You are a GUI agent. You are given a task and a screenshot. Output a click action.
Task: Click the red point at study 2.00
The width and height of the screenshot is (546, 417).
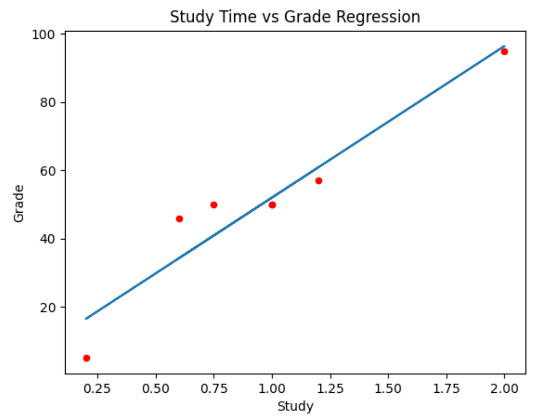coord(504,52)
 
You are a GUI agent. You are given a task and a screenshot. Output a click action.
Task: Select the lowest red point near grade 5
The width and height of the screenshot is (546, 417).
coord(87,358)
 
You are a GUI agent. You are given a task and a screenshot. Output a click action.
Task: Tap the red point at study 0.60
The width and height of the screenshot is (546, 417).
coord(180,219)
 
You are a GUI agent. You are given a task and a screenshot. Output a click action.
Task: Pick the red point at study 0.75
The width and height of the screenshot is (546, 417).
coord(214,205)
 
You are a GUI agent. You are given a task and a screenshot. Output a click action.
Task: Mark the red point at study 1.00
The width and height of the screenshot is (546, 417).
coord(272,205)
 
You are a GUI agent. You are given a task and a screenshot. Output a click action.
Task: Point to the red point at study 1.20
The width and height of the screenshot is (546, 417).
coord(319,181)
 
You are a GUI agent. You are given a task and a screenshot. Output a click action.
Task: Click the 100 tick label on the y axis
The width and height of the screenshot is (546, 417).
coord(44,35)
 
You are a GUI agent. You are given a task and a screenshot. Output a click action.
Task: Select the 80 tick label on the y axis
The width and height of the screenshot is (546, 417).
coord(48,103)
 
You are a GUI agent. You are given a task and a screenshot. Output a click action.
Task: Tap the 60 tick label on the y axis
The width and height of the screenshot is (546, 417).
coord(48,171)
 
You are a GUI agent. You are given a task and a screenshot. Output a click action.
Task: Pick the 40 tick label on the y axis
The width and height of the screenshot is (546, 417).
coord(48,239)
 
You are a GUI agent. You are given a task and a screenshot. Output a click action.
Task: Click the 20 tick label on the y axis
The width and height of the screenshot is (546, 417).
coord(48,307)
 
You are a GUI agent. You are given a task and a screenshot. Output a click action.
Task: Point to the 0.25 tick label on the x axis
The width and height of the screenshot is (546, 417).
coord(98,389)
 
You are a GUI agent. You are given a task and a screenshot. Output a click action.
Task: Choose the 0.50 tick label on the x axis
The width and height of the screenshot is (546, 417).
coord(156,389)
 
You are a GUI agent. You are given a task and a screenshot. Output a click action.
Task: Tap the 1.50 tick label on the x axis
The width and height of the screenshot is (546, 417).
coord(388,389)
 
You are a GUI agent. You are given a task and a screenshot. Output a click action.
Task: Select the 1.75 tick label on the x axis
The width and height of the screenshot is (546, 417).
coord(446,389)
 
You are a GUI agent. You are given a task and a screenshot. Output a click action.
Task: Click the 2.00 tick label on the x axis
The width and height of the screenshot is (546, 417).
coord(504,389)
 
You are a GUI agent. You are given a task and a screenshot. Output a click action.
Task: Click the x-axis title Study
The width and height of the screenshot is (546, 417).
coord(295,406)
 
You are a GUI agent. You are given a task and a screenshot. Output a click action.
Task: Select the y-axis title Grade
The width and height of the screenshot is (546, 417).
coord(18,203)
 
